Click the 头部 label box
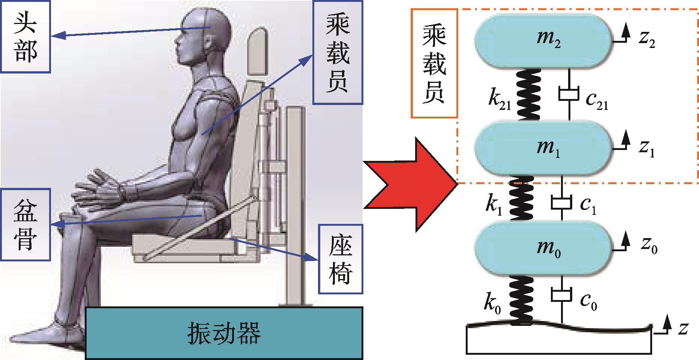pos(25,36)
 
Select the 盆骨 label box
pos(25,225)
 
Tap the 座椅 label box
pos(340,259)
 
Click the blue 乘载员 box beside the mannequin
pos(337,52)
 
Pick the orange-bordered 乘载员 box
pos(434,63)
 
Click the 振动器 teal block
pos(224,332)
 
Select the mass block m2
pos(544,41)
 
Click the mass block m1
pos(544,148)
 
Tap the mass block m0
pos(544,249)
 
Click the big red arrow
pos(411,184)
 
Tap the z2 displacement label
pos(647,40)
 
